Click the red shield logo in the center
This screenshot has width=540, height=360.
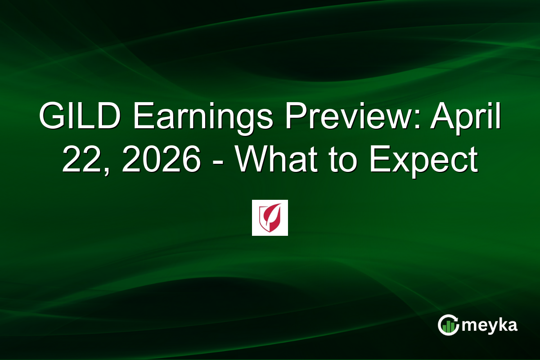click(x=270, y=218)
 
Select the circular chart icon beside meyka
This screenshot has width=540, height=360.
click(x=449, y=325)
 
